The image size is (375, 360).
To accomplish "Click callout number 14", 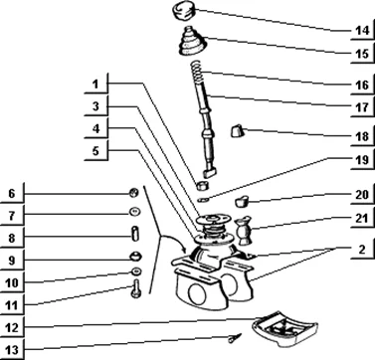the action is (362, 31).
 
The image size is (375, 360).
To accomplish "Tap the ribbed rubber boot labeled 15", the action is (192, 41).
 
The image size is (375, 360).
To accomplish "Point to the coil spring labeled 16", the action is (197, 72).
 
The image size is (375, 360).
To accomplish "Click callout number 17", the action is (362, 107).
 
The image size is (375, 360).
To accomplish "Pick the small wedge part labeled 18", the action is (238, 131).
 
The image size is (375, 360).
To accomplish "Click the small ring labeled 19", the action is (203, 200).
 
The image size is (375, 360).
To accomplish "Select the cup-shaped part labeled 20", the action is (243, 201).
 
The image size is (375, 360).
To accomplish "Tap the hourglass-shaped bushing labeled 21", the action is (245, 231).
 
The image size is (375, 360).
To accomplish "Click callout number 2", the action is (362, 250).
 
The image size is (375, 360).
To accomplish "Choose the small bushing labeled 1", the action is (203, 185).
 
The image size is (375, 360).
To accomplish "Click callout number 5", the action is (95, 151).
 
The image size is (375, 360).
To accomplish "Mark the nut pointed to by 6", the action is (134, 193).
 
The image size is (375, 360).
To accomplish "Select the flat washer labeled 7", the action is (134, 211).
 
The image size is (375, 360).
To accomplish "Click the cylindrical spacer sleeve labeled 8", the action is (135, 233).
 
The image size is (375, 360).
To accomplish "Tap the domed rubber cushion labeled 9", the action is (135, 256).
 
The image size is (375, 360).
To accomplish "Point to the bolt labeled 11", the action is (135, 288).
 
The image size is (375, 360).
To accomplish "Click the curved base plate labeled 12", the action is (284, 328).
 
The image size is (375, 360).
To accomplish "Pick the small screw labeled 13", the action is (235, 338).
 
